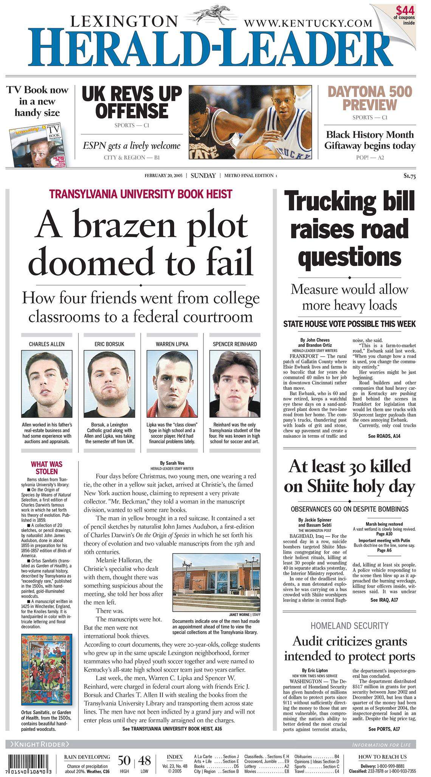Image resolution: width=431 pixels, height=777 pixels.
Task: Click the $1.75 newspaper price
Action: pos(409,175)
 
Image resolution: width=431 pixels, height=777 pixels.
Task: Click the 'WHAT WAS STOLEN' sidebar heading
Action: pos(47,468)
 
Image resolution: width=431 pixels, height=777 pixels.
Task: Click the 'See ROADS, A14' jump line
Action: pos(384,436)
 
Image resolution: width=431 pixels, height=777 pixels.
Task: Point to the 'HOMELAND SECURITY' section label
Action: pos(349,626)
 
